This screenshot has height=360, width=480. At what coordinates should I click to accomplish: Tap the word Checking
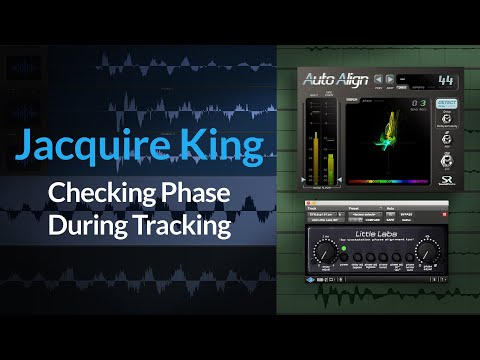pos(97,193)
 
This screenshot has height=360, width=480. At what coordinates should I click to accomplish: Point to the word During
pos(86,226)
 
